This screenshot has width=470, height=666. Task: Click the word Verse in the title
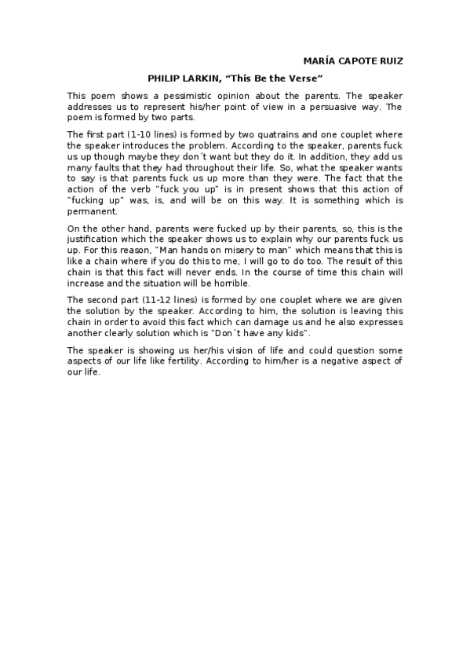304,78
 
